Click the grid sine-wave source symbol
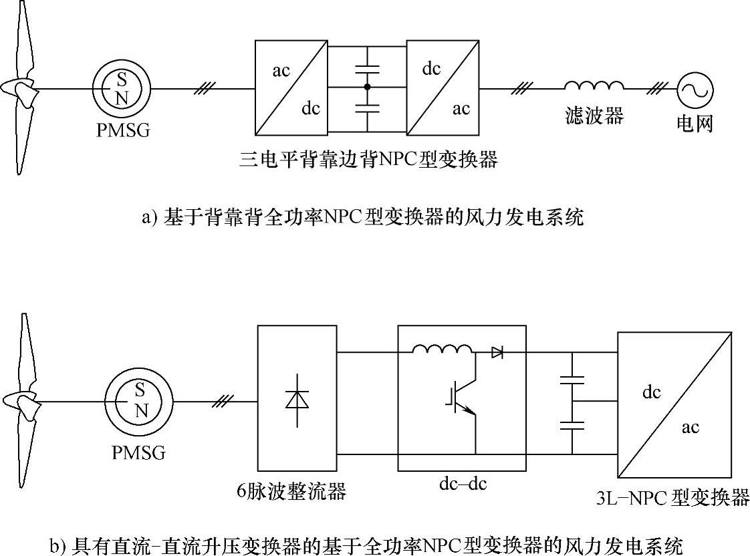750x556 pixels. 695,88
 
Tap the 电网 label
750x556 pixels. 695,124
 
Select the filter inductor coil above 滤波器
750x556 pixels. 594,86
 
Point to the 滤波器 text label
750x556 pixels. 594,116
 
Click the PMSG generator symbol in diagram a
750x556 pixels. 121,88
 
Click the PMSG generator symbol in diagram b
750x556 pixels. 139,402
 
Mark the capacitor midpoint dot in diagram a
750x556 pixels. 367,88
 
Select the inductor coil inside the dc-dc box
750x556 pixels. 442,350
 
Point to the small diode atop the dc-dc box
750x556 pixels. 497,352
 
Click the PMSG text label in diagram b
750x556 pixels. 139,453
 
